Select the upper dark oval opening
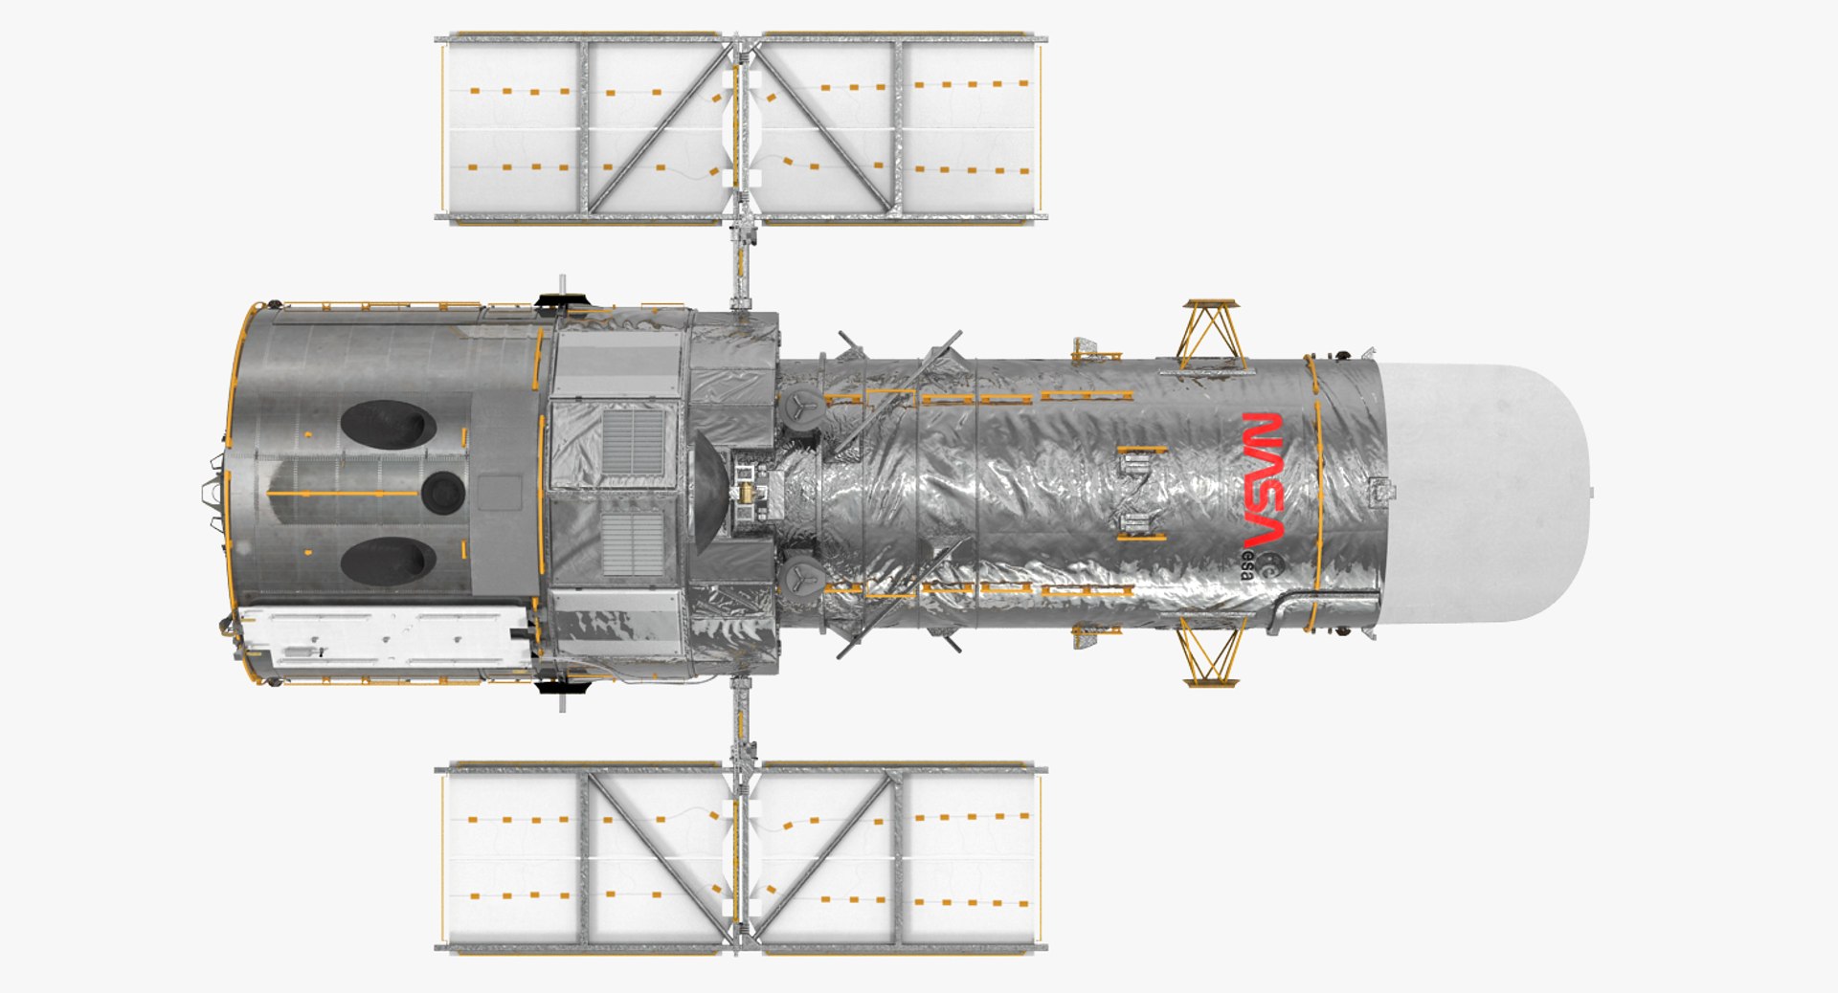coord(388,424)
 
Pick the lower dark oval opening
coord(388,561)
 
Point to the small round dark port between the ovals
coord(442,492)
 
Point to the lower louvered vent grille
coord(632,543)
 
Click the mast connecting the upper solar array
coord(739,263)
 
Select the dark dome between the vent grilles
coord(708,492)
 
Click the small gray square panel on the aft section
coord(499,493)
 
